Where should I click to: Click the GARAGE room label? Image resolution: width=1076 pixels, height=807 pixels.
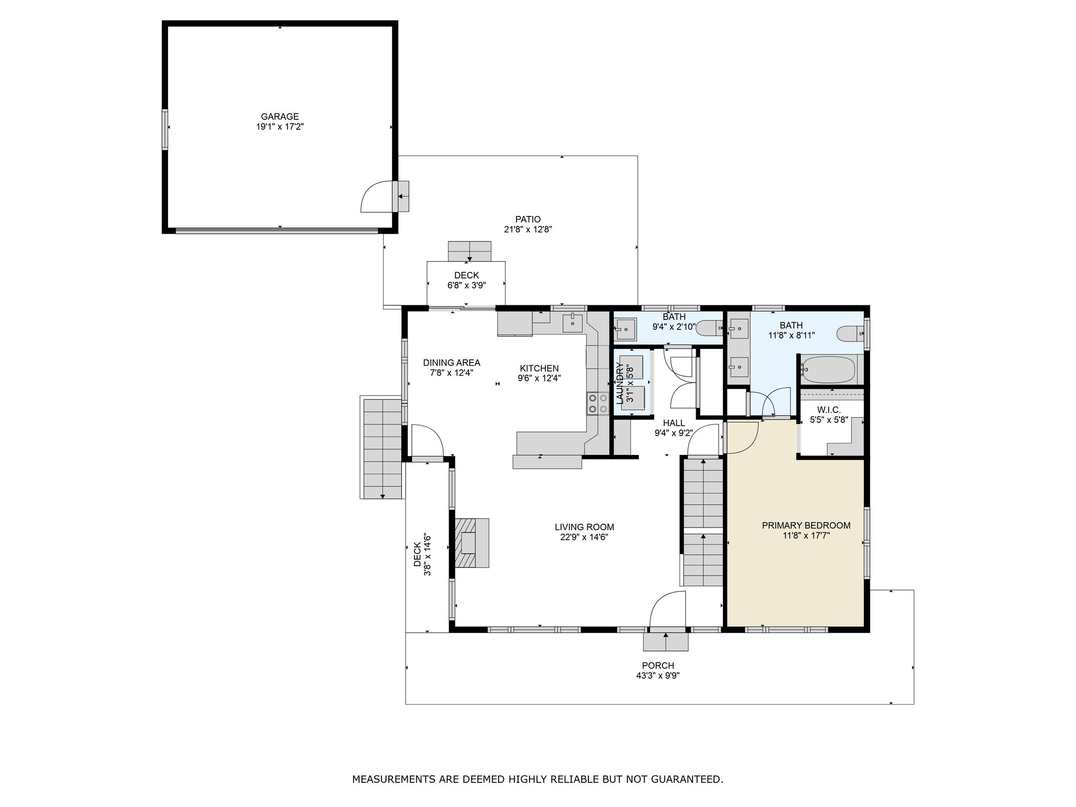(x=280, y=117)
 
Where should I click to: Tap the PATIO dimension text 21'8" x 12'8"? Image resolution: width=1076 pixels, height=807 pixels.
(x=528, y=230)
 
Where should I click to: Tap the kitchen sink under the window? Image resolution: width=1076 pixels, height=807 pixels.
(x=573, y=323)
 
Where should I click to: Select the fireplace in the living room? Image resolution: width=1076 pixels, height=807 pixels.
(x=472, y=542)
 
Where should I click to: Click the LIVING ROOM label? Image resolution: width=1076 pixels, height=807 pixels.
(x=584, y=527)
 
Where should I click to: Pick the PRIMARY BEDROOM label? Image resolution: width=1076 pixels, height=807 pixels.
(x=806, y=525)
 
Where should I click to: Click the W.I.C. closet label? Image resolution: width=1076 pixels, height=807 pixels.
(x=829, y=410)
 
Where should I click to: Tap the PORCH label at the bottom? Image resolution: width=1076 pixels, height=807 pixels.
(x=658, y=666)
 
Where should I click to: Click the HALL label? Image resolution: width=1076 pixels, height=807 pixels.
(x=674, y=423)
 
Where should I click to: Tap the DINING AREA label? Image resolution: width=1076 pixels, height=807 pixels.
(x=452, y=363)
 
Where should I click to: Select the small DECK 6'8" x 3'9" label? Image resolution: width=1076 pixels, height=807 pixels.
(x=467, y=275)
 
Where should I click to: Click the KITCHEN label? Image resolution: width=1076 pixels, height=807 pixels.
(x=540, y=368)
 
